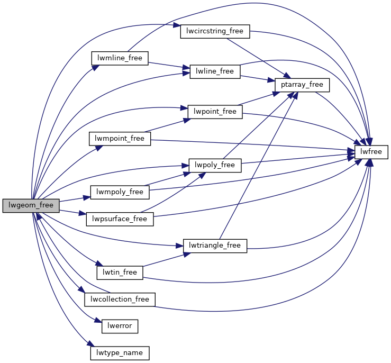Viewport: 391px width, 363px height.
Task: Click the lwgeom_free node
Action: pos(31,206)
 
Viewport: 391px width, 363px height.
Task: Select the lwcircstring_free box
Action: pos(215,31)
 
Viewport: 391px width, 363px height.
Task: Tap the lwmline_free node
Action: pos(120,58)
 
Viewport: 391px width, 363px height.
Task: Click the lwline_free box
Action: pos(215,71)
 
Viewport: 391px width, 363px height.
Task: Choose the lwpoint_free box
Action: pos(215,112)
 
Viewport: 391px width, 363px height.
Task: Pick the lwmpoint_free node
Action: pos(120,139)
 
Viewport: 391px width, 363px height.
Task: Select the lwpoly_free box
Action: pos(215,165)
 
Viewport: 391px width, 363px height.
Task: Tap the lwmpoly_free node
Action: pos(120,192)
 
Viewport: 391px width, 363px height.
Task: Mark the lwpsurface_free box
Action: pos(120,219)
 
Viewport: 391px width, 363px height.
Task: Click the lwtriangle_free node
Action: pos(215,246)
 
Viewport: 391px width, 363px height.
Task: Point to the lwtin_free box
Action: pos(120,273)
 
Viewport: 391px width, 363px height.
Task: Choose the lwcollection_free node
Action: pos(120,300)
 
